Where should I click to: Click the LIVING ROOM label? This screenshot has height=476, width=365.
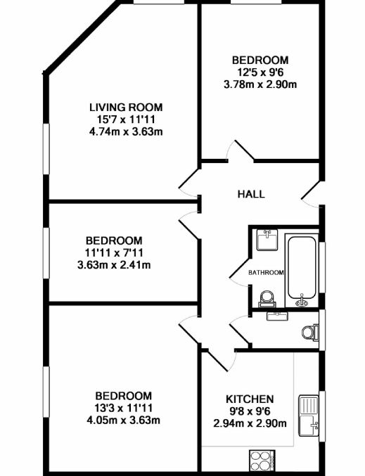coord(126,107)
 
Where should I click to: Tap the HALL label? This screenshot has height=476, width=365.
coord(251,194)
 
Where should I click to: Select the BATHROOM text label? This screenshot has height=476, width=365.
coord(266,273)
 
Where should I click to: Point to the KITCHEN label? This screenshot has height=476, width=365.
coord(250,399)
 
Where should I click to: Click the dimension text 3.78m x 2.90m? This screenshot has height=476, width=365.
coord(260,84)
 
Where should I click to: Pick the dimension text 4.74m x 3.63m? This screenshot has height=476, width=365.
coord(126,131)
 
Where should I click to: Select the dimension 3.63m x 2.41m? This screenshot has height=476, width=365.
coord(114,265)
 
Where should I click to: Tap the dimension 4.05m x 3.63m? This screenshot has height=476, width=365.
coord(123,420)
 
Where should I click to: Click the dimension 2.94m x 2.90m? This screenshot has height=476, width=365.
coord(250,423)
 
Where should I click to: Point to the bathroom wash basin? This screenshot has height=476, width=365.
coord(267,240)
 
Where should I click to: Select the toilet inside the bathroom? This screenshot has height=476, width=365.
coord(267,299)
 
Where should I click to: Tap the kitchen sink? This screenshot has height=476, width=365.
coord(309,416)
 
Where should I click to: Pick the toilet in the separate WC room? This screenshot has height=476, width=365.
coord(310,332)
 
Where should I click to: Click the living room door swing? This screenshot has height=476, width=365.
coord(189,182)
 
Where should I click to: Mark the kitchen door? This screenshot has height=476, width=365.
coord(222,360)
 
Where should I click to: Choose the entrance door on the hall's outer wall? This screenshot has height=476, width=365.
coord(311,194)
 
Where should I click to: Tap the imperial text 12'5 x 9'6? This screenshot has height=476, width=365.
coord(260,72)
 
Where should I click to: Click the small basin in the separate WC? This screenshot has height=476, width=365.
coord(277,316)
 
